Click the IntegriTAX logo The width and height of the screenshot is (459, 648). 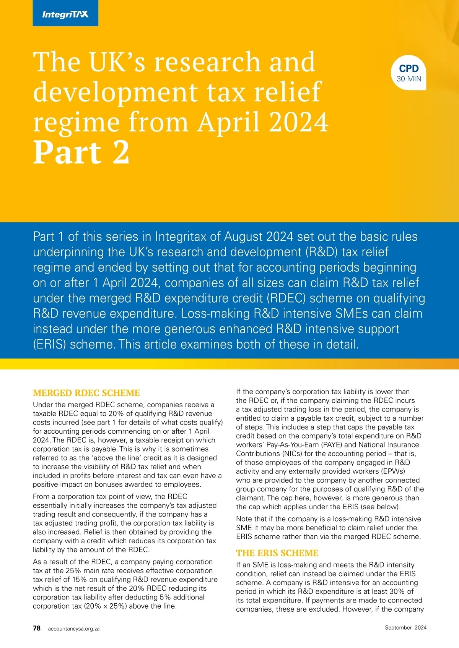coord(65,15)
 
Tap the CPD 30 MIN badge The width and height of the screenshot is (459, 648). coord(409,73)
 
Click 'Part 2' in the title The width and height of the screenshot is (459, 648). coord(81,152)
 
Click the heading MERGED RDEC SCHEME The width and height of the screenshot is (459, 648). coord(86,393)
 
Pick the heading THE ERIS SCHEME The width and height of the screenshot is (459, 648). coord(277,553)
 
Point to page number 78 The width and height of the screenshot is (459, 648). coord(37,628)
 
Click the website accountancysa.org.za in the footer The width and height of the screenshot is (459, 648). coord(73,629)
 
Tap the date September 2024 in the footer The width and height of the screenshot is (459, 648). coord(405,627)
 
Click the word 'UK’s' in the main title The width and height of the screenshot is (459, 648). coord(117,62)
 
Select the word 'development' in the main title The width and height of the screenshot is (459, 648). coord(115,92)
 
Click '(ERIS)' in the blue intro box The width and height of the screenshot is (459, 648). coord(50,344)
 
